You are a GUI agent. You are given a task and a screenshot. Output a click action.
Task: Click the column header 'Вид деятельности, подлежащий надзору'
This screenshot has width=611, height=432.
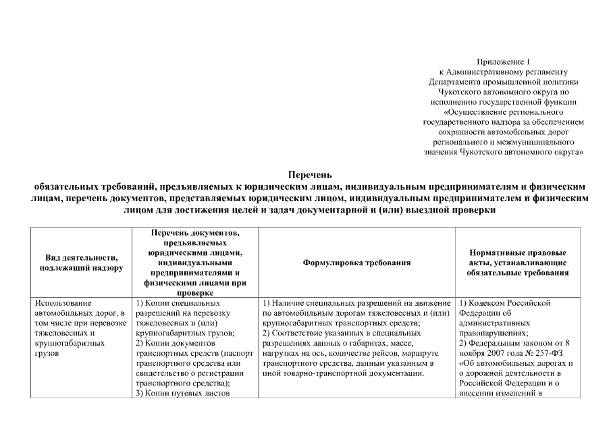click(81, 263)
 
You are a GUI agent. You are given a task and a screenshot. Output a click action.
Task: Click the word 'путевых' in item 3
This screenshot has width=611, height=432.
click(186, 394)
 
